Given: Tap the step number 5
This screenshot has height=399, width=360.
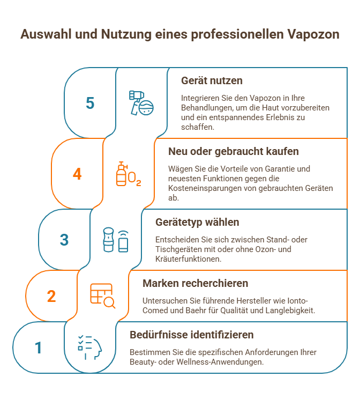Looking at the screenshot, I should pos(90,103).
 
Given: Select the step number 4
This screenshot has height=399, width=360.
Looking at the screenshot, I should pos(77,174).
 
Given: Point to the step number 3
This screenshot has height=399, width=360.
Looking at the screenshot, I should pos(64,239).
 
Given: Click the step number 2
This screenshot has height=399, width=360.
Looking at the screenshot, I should pos(51,296).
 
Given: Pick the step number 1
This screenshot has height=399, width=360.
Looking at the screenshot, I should pos(38,348).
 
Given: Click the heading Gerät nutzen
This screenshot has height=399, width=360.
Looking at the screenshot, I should pos(212,80).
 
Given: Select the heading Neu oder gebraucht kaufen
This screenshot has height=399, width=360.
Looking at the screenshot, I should pos(233,151).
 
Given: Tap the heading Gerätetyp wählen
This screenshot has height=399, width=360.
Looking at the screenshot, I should pos(197,221).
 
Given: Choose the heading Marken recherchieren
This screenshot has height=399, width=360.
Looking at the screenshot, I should pos(195,283).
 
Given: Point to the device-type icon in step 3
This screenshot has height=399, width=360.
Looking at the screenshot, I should pos(116,240).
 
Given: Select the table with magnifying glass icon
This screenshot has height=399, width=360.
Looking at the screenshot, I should pos(102,296).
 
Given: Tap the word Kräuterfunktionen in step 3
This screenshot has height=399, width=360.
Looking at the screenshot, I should pos(181,258).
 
